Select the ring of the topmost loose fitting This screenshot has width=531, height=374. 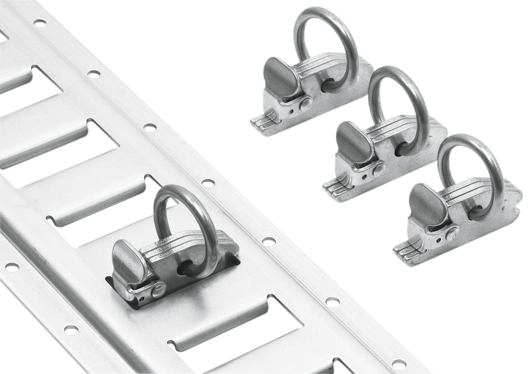coord(302,28)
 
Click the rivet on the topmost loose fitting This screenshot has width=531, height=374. coord(305,103)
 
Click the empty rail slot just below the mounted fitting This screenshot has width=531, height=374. coord(232,332)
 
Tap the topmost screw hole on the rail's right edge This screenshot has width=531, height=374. coord(39,23)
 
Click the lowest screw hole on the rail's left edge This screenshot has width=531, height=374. coord(71,330)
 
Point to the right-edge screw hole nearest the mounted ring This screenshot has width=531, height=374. coord(208,183)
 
